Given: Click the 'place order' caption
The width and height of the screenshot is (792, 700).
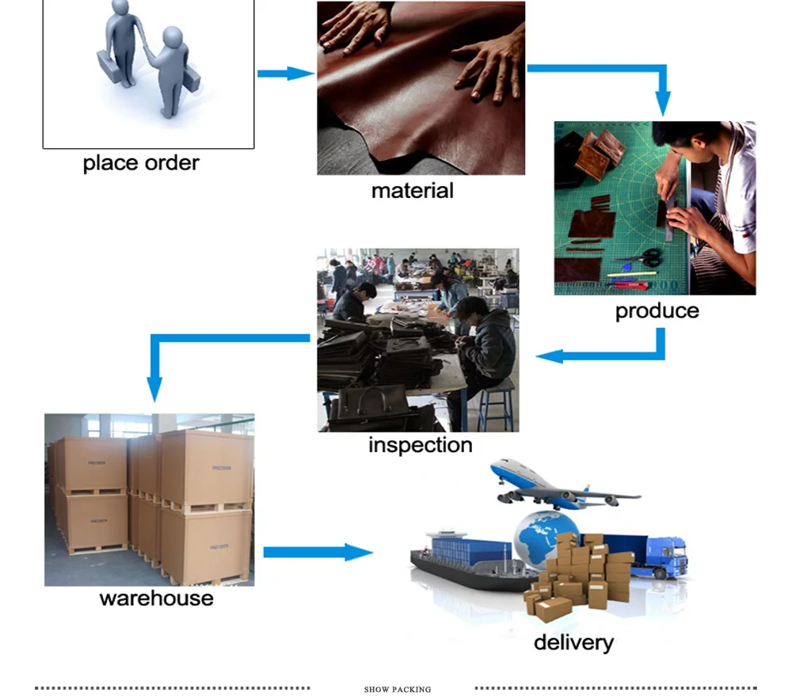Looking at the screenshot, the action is click(x=141, y=163).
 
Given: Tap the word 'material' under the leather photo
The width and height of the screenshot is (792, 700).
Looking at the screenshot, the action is click(x=412, y=191).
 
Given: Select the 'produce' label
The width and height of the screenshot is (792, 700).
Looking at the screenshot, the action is click(x=657, y=311).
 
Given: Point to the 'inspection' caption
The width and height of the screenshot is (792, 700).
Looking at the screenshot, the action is click(x=421, y=445).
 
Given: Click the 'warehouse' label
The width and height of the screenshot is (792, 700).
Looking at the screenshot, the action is click(x=157, y=599).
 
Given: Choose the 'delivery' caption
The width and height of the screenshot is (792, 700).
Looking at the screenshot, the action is click(x=573, y=643).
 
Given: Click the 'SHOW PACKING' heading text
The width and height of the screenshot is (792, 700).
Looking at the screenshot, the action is click(x=398, y=690).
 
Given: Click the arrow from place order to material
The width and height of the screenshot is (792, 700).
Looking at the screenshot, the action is click(x=286, y=74).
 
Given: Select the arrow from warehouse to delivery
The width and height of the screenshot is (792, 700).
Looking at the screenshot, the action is click(x=318, y=552).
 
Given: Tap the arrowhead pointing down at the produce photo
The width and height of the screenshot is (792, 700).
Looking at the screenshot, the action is click(x=663, y=104).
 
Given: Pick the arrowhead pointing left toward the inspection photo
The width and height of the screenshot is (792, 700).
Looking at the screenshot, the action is click(x=550, y=356).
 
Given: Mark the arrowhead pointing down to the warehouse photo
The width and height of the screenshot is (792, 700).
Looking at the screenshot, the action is click(x=154, y=390).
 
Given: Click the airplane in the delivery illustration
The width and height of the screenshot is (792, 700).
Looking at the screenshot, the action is click(x=562, y=485).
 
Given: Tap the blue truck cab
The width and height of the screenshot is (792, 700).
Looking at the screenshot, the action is click(x=669, y=557).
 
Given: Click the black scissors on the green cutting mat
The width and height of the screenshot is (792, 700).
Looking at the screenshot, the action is click(x=642, y=257).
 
